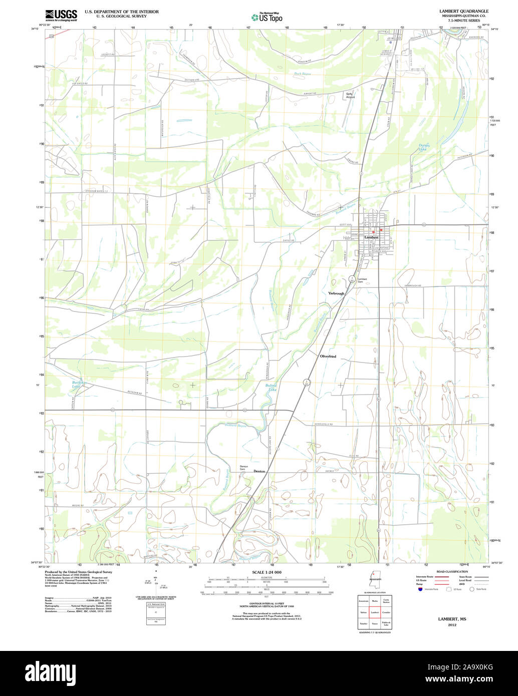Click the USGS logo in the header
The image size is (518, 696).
[x=61, y=15]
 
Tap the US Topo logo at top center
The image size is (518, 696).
[x=267, y=18]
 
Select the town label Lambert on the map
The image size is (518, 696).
[x=371, y=237]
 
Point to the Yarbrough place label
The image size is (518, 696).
[x=336, y=293]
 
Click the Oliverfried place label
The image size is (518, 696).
[x=328, y=356]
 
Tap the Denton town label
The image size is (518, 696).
[x=259, y=472]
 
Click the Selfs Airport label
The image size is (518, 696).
[x=350, y=95]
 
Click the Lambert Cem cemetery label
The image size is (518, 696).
[x=362, y=280]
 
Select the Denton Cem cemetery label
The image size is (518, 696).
[x=244, y=468]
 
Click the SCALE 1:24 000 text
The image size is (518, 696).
[x=267, y=572]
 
